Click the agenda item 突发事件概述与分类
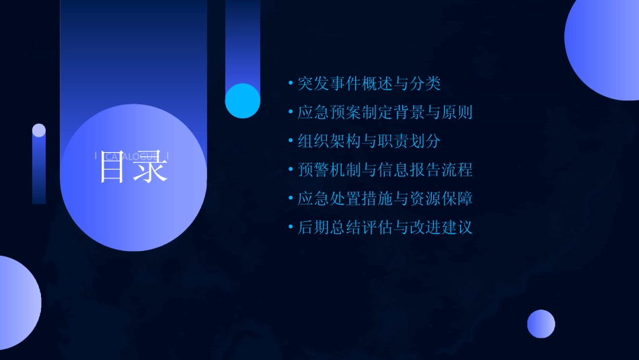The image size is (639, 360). pos(369,83)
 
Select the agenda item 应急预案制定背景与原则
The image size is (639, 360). pos(385,112)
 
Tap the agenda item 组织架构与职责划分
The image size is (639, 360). pos(369,141)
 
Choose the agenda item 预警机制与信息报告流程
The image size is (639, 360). pos(385,170)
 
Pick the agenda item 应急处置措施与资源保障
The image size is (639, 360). pos(385,199)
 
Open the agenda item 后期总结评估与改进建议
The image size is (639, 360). pos(385,227)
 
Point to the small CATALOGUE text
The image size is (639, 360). pos(133,156)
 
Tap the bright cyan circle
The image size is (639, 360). pos(242,101)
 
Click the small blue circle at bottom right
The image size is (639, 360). pos(541,324)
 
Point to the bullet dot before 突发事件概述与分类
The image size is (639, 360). pos(291,83)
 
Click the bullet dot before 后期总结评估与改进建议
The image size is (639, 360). pos(291,227)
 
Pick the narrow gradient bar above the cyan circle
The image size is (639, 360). pos(242,40)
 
